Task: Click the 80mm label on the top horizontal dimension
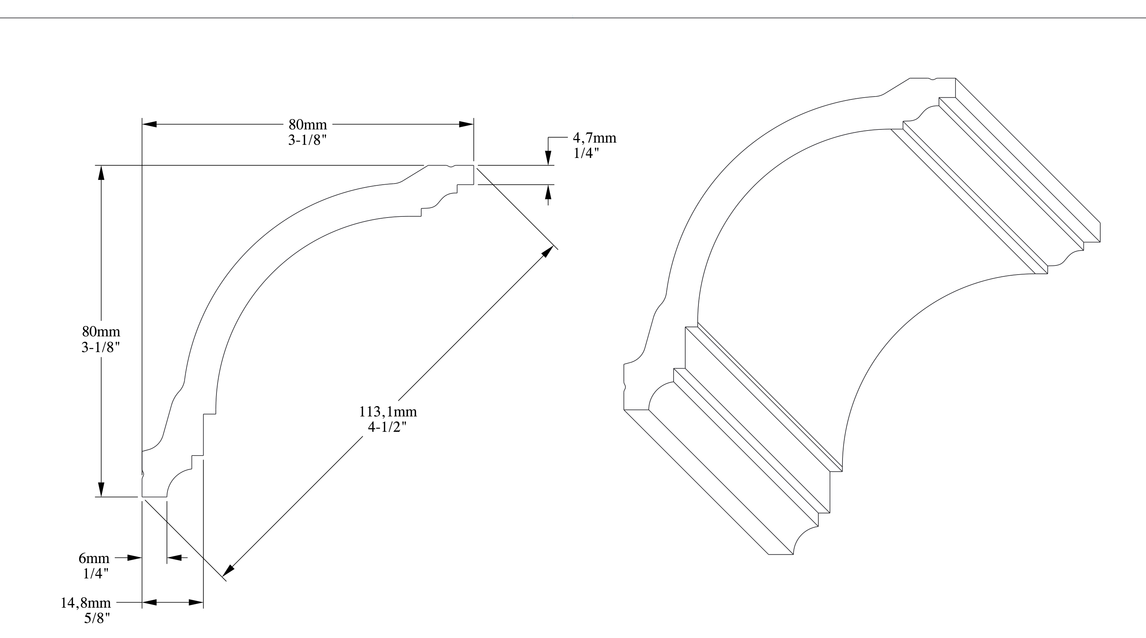(308, 124)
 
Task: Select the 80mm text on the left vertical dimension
(101, 332)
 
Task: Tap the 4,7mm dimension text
(594, 138)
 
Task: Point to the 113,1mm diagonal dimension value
(388, 412)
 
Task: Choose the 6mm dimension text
(94, 558)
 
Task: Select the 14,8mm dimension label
(86, 603)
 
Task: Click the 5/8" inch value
(97, 618)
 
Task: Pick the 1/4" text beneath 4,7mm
(586, 153)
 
